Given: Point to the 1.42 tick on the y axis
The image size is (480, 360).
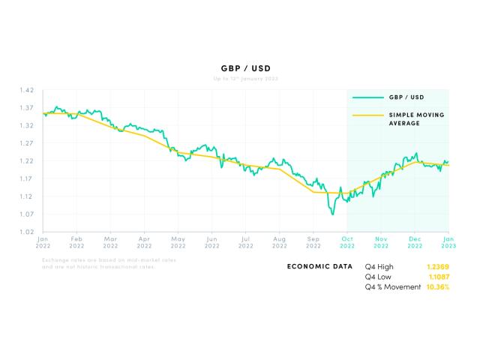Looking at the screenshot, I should [26, 90].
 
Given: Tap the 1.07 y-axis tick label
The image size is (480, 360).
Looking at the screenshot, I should [26, 214].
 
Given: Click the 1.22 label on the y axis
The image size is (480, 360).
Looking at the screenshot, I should [26, 161].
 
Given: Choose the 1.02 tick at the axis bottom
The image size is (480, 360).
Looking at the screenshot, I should [26, 232].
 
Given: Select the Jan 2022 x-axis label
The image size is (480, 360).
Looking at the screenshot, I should [43, 241].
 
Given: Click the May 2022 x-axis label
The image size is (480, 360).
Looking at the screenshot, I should [178, 241].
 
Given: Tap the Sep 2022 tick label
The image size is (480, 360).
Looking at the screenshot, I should [313, 241].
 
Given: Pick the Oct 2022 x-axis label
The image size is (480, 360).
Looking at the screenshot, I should [346, 241].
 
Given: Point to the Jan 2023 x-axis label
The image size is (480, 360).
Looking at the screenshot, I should [448, 241].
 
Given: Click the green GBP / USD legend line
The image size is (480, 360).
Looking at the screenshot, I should [366, 97].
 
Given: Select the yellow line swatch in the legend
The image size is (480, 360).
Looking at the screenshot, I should [366, 115].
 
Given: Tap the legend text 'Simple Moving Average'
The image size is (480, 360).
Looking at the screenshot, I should [415, 119].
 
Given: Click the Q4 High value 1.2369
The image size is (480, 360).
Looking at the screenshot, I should [438, 266].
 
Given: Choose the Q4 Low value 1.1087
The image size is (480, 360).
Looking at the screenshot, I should [438, 277].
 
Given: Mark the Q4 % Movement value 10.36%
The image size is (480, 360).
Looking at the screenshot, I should [437, 287].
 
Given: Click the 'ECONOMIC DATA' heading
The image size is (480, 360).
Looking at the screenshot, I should [319, 266].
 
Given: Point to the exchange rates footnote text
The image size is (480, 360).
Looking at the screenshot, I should [109, 263].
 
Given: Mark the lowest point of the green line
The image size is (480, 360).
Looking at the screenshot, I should [332, 214].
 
